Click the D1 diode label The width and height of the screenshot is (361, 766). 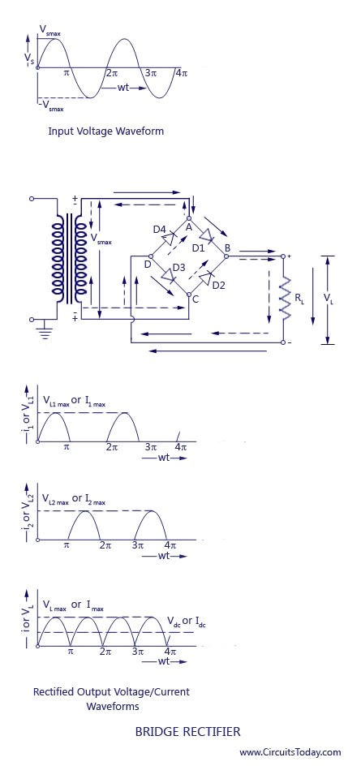(198, 247)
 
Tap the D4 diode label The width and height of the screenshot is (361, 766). (159, 228)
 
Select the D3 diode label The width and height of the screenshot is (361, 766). (178, 268)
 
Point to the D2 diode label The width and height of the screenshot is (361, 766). (218, 286)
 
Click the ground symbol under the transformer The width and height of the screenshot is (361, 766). (45, 332)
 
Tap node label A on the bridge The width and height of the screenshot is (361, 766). (188, 226)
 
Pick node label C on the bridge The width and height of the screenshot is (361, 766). (196, 299)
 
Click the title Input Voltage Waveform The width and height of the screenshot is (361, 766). (106, 131)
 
